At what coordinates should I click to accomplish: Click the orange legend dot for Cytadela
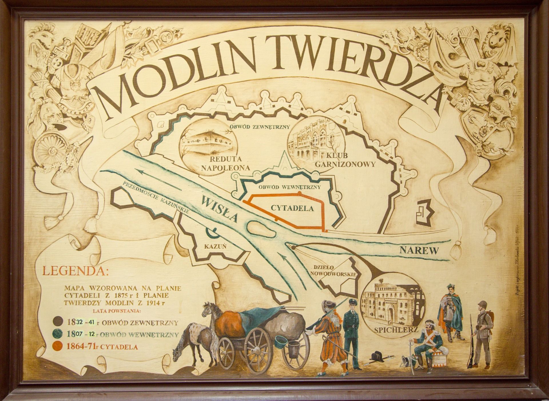coord(57,347)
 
